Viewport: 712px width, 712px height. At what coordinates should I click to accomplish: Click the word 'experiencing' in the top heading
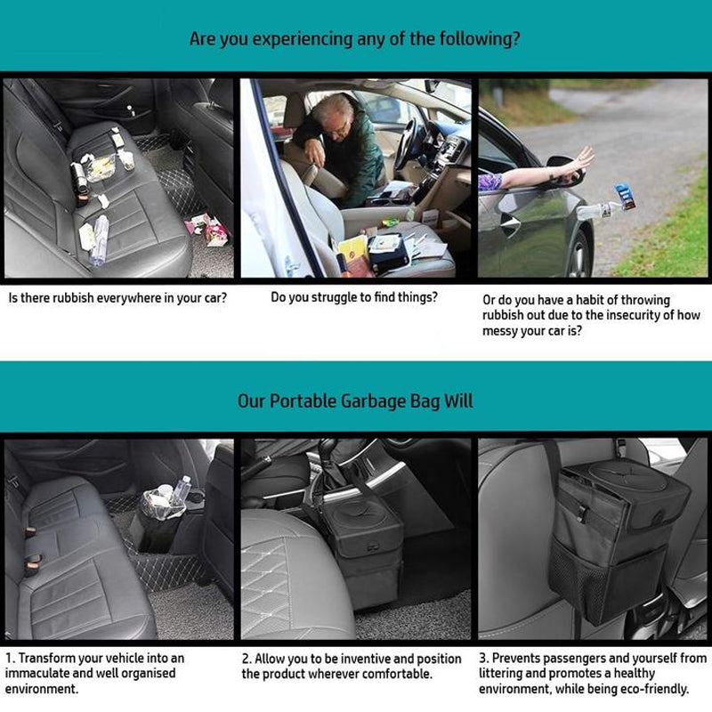302,39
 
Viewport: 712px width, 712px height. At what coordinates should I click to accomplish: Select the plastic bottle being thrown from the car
595,211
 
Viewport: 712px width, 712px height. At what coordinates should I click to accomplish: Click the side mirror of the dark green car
565,170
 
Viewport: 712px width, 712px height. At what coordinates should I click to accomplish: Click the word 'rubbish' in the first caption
73,298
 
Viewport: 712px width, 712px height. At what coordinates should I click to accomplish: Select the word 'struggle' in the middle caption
334,298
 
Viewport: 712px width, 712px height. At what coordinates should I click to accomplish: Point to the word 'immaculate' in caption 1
37,673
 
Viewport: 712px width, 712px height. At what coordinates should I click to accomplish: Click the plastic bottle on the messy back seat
99,239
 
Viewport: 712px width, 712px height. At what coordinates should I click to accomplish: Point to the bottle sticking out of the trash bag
181,490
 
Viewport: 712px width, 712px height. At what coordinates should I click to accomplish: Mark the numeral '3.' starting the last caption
484,658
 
